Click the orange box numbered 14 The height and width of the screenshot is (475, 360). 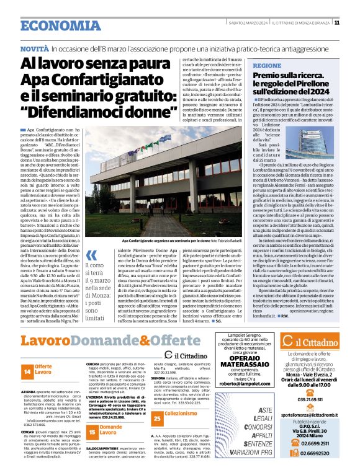coord(27,371)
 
